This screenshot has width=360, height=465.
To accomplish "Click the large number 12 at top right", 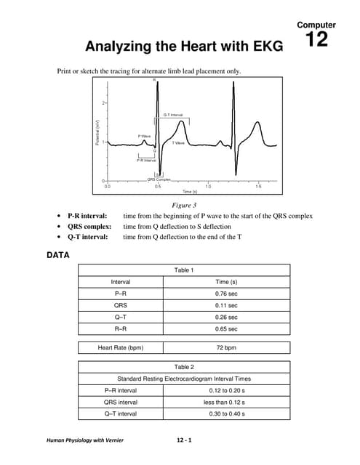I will (316, 40).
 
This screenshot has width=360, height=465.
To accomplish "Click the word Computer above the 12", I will (316, 25).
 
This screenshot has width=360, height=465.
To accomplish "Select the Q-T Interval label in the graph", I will (172, 115).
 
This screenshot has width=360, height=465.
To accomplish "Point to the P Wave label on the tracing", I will (144, 136).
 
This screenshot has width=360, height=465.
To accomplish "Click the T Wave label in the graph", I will (178, 143).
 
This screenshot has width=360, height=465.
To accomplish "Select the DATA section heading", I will (57, 256).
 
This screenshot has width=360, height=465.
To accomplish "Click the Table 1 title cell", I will (183, 270).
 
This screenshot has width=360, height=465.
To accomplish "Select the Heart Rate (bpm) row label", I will (121, 348).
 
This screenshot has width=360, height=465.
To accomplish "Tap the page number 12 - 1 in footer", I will (183, 440).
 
